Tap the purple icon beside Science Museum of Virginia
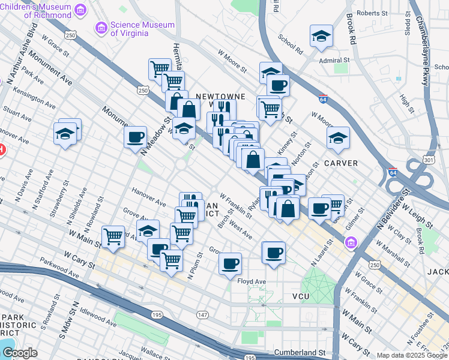coord(101,28)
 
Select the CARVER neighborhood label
coord(342,163)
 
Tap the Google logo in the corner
coord(20,353)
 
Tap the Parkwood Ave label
coord(59,268)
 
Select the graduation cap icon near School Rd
coord(321,36)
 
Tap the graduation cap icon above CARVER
coord(338,137)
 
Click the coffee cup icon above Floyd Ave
coord(230,263)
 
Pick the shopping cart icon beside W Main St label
coord(113,236)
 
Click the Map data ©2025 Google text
coord(411,355)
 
